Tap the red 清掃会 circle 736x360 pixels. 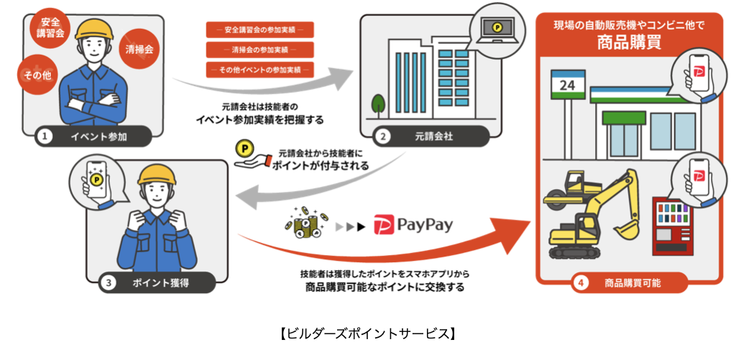(x=137, y=50)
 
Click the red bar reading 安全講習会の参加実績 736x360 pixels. (x=259, y=30)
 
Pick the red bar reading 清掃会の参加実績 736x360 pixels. (x=259, y=50)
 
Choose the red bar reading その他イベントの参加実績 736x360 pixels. (x=259, y=70)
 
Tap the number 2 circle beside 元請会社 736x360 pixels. (x=385, y=135)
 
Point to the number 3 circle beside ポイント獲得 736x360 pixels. (x=108, y=282)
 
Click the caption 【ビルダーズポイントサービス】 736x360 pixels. (x=367, y=334)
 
